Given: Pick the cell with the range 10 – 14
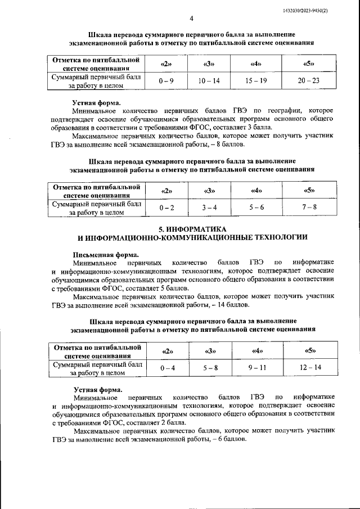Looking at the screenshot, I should click(209, 81).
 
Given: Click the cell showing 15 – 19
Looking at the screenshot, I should click(257, 81).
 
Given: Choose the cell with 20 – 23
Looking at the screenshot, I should click(308, 81).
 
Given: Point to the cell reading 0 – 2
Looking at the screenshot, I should click(166, 208).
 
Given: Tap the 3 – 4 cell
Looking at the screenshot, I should click(210, 208).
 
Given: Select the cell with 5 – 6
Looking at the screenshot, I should click(256, 208).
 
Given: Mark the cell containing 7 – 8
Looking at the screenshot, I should click(309, 208).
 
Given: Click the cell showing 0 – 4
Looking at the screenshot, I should click(168, 368).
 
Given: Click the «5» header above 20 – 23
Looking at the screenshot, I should click(308, 64).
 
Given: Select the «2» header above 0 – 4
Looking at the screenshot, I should click(168, 352).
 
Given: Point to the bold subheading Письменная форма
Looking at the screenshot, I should click(103, 254).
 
